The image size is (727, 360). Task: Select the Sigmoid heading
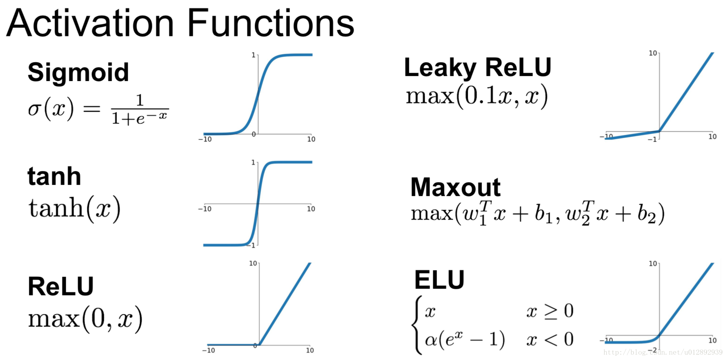coord(78,72)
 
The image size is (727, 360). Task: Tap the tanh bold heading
coord(54,177)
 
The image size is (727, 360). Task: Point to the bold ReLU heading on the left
coord(61,287)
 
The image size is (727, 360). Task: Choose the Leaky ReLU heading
coord(477,68)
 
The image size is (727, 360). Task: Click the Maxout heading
coord(455,187)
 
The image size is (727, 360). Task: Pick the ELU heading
coord(439,280)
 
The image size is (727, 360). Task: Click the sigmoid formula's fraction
coord(140,110)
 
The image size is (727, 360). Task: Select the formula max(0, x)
coord(85,319)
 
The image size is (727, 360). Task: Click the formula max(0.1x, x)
coord(477,96)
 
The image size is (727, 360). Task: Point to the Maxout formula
coord(537,213)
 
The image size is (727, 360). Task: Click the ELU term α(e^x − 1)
coord(465,340)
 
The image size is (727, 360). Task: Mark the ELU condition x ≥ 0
coord(550,311)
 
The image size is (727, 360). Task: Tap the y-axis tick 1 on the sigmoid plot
coord(253,55)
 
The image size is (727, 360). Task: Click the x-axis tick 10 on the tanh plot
coord(311,209)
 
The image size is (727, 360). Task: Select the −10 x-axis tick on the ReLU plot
coord(208,350)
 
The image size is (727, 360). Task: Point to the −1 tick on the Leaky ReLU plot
coord(652,139)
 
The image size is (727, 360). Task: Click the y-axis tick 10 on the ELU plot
coord(653,264)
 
